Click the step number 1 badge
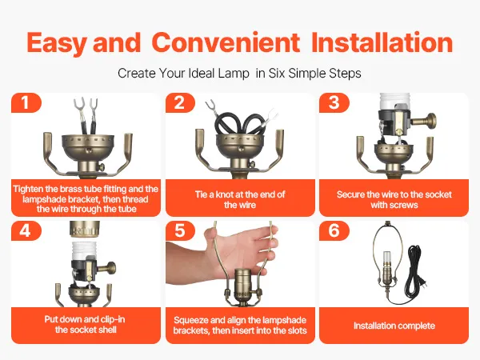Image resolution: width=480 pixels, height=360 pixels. [x=26, y=102]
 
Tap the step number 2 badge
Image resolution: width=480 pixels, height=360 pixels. [x=180, y=102]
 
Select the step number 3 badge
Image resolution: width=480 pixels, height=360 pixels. [x=334, y=102]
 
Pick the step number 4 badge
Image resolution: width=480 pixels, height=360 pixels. [x=26, y=230]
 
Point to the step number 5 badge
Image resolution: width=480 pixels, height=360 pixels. [x=180, y=230]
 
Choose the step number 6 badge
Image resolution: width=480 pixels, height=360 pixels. [x=334, y=230]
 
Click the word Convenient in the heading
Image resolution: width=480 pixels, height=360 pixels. [x=226, y=42]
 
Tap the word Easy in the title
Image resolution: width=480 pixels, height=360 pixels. [x=58, y=43]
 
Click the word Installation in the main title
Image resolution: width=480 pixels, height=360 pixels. [x=382, y=42]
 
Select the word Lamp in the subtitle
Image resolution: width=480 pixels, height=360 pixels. [x=234, y=74]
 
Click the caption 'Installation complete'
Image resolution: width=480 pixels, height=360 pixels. [x=394, y=326]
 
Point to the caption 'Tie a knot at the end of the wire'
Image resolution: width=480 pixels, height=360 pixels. [x=240, y=199]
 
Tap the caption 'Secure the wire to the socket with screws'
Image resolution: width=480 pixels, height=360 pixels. [x=394, y=199]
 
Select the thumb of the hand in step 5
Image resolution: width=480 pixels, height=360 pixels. [x=214, y=236]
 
